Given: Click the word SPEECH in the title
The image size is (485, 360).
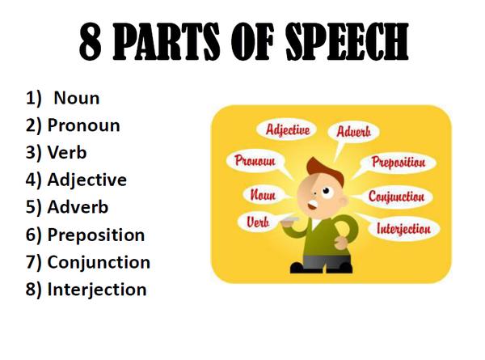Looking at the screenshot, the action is coord(347,41).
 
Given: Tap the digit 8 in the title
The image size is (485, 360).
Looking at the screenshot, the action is coord(91,42).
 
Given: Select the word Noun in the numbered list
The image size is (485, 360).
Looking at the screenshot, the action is coord(77,98).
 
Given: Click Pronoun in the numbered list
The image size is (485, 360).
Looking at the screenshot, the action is coord(83,125).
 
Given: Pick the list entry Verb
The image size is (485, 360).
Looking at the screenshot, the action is coord(67,152).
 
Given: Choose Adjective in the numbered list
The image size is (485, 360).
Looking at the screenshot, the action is coord(87,180).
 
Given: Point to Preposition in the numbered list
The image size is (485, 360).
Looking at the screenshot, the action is coord(96,235).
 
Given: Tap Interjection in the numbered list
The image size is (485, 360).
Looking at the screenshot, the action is coord(97,290).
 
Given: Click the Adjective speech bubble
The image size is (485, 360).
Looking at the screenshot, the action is coord(287,129).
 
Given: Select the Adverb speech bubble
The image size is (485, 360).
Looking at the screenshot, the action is coord(353,132).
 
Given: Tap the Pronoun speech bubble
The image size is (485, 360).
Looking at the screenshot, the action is coord(255,160).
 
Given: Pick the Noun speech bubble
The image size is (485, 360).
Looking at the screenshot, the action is coord(264,195).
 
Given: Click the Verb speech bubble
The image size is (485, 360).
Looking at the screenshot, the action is coord(258,222).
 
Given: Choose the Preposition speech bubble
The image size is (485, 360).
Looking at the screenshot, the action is coord(399,162).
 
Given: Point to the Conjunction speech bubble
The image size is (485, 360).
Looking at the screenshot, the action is coord(396,197).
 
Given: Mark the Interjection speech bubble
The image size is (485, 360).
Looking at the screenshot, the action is coord(403,229).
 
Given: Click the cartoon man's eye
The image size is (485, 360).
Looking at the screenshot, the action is coord(326,191).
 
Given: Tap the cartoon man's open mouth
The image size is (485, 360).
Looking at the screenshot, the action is coord(312,205).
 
